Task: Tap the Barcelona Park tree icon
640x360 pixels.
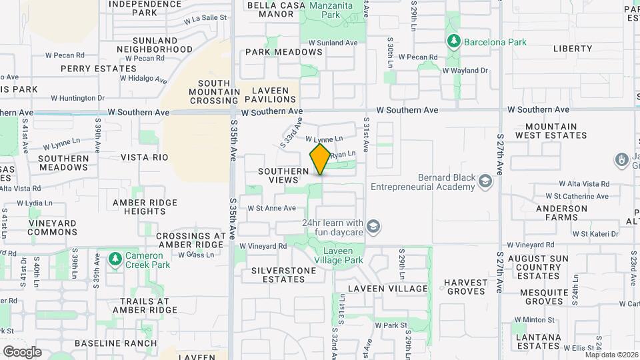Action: coord(454,42)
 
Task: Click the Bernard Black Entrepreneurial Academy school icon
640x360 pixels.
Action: coord(486,181)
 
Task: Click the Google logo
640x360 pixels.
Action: coord(22,352)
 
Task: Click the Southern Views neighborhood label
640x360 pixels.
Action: coord(284,175)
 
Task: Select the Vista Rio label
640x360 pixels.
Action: coord(145,157)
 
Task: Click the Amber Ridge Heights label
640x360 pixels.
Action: coord(145,207)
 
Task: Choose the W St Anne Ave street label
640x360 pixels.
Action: coord(271,208)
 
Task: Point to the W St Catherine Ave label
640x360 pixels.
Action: coord(577,196)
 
